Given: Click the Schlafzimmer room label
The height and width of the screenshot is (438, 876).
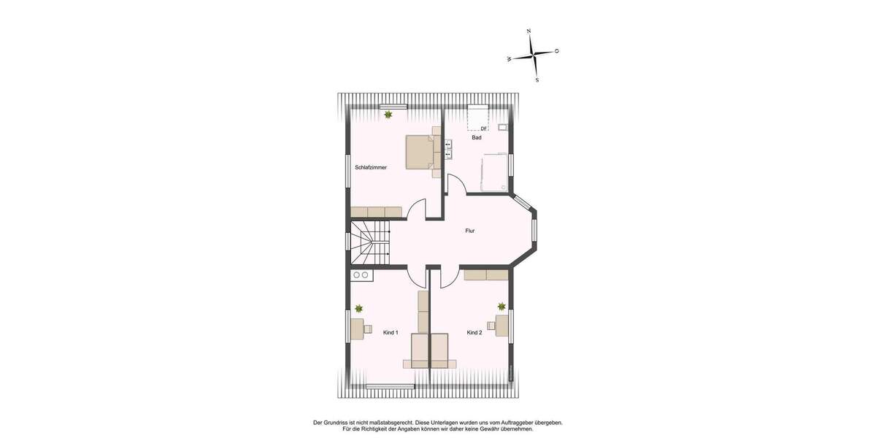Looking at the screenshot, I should [x=371, y=167].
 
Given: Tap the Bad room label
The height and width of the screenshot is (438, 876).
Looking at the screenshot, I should [x=477, y=137].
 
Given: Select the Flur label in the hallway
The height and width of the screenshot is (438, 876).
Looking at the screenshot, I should [x=470, y=231].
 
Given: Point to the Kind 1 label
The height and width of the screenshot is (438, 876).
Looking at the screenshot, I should [x=391, y=332].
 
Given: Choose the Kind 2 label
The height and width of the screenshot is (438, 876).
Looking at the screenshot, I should [x=474, y=332].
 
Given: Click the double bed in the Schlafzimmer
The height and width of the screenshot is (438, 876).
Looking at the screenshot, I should [x=420, y=152].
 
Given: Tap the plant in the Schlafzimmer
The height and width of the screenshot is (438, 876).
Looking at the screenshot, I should [x=388, y=115].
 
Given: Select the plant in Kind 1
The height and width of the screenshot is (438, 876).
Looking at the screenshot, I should [x=358, y=308].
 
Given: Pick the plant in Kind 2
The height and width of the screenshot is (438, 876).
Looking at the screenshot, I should [x=502, y=307].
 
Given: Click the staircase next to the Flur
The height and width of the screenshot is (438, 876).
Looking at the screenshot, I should [x=370, y=244].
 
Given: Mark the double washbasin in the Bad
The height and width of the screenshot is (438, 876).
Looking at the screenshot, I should [x=447, y=149].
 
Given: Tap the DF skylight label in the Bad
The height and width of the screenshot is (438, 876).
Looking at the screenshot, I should [x=483, y=128].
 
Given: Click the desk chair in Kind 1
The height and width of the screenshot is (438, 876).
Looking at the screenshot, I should [x=367, y=327].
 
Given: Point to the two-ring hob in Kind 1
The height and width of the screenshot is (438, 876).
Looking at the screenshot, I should [x=361, y=275].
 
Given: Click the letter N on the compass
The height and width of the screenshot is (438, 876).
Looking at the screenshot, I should [x=529, y=31].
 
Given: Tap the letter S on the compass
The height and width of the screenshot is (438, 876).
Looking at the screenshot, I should [x=537, y=80].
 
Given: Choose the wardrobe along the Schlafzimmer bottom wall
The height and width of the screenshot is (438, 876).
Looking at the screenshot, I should [x=376, y=212].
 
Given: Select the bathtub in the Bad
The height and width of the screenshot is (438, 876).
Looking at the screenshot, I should [x=494, y=172].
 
